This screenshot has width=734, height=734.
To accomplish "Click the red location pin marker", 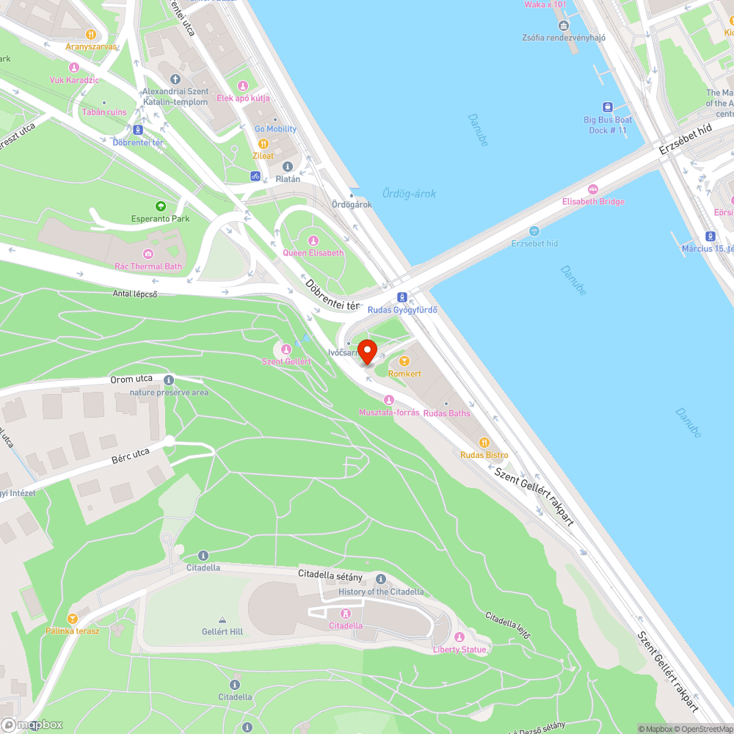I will coord(366,349).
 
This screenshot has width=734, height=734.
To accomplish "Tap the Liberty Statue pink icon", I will coord(459,637).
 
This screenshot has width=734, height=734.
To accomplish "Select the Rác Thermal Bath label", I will coord(148,266).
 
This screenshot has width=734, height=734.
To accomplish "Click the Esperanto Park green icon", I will coord(160,206).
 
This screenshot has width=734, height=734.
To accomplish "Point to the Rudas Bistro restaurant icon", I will coord(484,443).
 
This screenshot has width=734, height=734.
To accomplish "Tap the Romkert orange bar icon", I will coord(404,361).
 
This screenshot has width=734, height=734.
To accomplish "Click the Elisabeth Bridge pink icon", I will coord(592,189).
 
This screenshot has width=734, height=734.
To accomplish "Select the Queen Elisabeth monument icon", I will coord(313,240).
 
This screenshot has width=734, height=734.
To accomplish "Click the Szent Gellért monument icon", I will coord(286,349).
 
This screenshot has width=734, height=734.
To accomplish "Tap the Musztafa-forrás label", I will coord(389,413).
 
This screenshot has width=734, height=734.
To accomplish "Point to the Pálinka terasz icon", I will coord(72,619).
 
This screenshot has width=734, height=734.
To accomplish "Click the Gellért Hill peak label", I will coord(222,631).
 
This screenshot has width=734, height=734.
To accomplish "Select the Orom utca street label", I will coord(131,379).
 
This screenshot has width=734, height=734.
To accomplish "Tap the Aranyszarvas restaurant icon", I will coord(91,34).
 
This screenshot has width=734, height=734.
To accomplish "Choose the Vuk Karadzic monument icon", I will coord(73,68).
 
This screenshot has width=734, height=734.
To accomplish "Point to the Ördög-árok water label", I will coord(409,194).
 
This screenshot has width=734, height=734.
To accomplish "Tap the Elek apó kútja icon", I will coord(243,86).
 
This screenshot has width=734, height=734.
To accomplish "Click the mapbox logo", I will coord(32,724).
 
